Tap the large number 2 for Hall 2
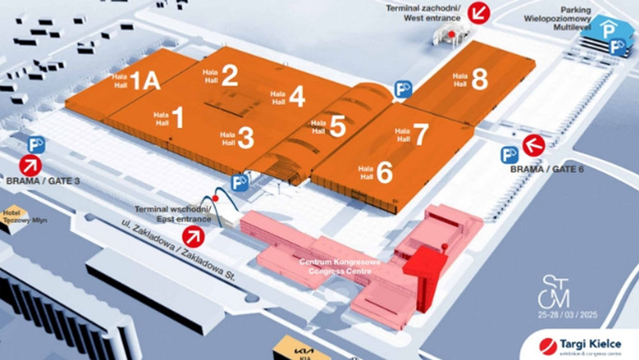pyautogui.click(x=229, y=76)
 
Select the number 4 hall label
pyautogui.click(x=296, y=97)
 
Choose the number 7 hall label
pyautogui.click(x=420, y=134)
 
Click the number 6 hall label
pyautogui.click(x=384, y=173)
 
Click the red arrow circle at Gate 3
pyautogui.click(x=29, y=166)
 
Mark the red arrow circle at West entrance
pyautogui.click(x=477, y=12)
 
